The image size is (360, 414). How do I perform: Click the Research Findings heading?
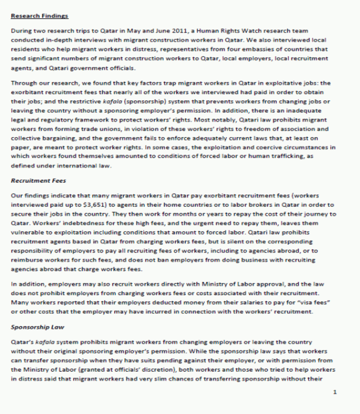tap(40, 16)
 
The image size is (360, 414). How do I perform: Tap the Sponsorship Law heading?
tap(32, 327)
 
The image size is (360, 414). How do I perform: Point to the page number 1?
tap(335, 392)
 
